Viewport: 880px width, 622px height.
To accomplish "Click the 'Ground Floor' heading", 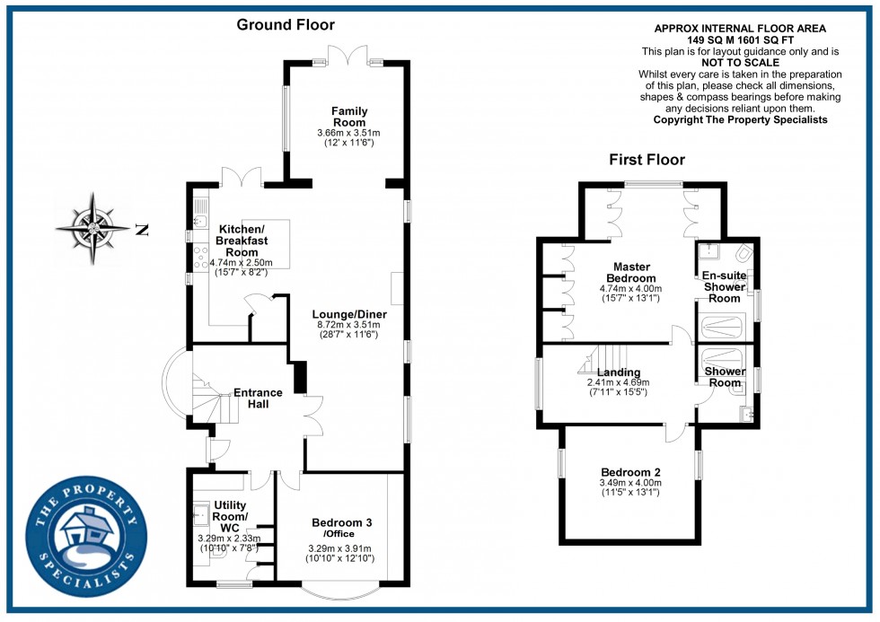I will click(x=285, y=25).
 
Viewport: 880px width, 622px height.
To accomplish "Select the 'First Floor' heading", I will click(x=647, y=160).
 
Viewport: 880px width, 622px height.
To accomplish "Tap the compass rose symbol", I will click(x=93, y=229).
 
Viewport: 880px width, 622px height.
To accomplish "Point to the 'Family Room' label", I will click(x=348, y=117).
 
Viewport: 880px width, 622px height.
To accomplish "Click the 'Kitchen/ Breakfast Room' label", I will click(x=238, y=241).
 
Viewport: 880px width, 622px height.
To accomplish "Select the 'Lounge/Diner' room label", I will click(x=345, y=314).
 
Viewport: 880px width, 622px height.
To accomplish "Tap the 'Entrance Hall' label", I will click(x=258, y=398).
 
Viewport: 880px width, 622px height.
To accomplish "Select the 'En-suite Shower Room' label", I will click(x=722, y=286).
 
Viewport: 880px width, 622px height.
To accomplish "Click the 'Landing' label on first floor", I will click(x=619, y=372).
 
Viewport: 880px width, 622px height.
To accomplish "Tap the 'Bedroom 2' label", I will click(x=630, y=472).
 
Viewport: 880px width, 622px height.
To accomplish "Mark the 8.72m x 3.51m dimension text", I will click(x=345, y=325).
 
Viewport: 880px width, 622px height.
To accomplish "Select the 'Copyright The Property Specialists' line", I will click(x=740, y=119).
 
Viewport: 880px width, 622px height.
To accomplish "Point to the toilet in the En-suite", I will click(x=742, y=254).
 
